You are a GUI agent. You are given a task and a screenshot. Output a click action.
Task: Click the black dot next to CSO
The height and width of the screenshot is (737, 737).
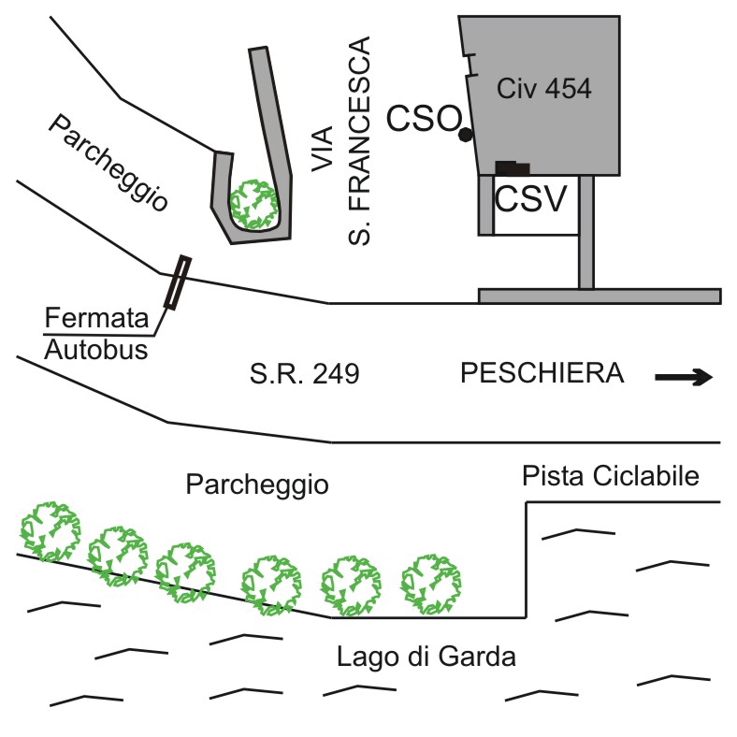click(x=465, y=135)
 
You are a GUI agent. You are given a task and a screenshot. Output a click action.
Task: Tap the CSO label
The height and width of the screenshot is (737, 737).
click(x=425, y=119)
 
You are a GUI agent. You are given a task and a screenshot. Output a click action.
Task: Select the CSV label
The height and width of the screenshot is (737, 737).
click(x=529, y=198)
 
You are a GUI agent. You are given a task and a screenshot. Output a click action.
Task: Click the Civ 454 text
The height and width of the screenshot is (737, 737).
click(x=544, y=90)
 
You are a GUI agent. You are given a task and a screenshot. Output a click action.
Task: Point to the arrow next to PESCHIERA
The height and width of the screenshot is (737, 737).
click(x=684, y=378)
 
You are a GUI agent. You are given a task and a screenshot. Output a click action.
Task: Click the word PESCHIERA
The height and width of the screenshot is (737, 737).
click(x=542, y=375)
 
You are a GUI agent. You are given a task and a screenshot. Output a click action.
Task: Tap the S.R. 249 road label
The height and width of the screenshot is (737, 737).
click(x=305, y=376)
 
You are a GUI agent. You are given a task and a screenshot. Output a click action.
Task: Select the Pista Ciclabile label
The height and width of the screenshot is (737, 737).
click(x=611, y=476)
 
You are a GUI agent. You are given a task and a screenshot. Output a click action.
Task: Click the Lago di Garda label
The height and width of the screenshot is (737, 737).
click(x=426, y=656)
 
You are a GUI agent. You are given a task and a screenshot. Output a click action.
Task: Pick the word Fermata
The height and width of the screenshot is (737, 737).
click(x=84, y=318)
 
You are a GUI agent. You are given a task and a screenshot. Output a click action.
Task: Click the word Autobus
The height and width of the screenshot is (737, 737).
click(x=89, y=351)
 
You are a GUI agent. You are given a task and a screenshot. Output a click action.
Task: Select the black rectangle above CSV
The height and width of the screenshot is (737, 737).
click(x=513, y=168)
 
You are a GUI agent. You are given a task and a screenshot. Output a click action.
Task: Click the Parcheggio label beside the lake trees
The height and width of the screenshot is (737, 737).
click(x=257, y=484)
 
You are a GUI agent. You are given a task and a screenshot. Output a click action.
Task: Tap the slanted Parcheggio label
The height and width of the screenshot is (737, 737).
click(x=109, y=163)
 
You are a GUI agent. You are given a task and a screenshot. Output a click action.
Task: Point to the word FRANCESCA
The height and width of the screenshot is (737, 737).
click(x=358, y=141)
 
